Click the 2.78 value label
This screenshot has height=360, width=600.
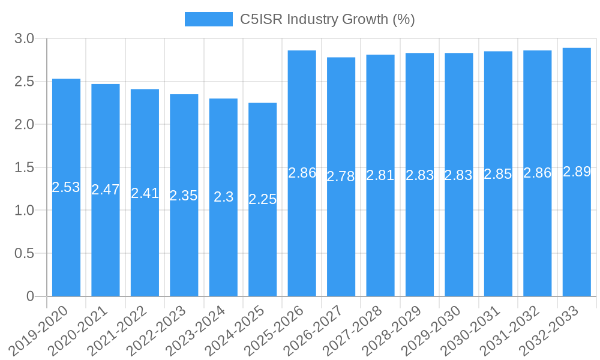tap(341, 176)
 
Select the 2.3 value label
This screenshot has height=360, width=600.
tap(223, 197)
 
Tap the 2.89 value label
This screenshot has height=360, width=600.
tap(577, 172)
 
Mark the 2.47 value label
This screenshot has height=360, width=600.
tap(106, 190)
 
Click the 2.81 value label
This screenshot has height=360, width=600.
tap(380, 175)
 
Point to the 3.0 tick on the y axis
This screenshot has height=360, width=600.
tap(25, 39)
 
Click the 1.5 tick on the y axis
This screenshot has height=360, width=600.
tap(25, 167)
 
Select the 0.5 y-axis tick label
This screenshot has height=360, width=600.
tap(25, 253)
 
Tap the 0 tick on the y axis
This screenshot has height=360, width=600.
tap(31, 296)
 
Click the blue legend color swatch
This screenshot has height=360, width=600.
tap(208, 19)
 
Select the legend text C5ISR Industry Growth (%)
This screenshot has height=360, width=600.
tap(328, 19)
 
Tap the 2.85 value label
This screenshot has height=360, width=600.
tap(498, 175)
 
